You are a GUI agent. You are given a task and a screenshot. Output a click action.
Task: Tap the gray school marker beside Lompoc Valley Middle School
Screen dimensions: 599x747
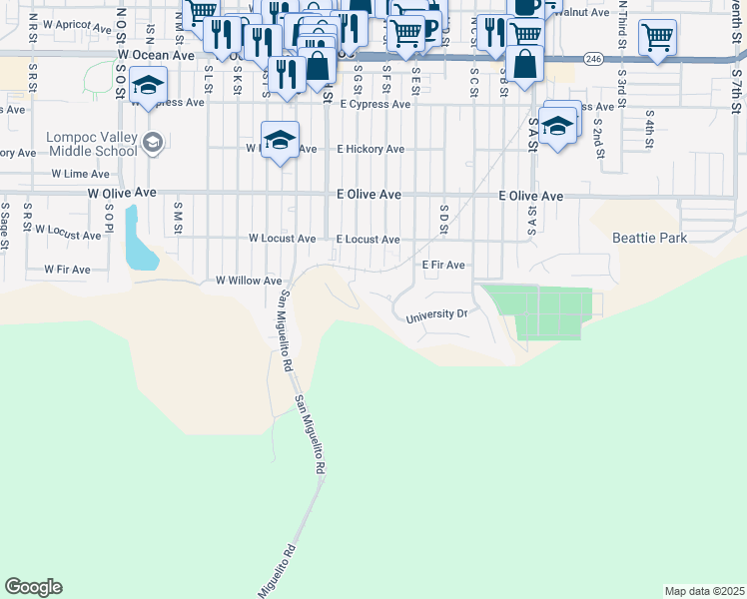point(152,142)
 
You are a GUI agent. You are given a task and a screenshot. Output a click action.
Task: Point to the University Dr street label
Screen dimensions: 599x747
point(436,315)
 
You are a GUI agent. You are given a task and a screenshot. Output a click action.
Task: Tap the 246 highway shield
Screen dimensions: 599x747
point(592,60)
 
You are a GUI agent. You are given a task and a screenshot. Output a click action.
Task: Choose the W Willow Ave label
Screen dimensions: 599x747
point(249,282)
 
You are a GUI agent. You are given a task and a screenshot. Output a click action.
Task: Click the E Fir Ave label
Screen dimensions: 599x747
point(443,266)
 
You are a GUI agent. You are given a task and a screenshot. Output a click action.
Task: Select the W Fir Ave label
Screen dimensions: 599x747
point(67,270)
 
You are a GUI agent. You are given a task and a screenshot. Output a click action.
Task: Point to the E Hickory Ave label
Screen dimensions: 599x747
point(370,149)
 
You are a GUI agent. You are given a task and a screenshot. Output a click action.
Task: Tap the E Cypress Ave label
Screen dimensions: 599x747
point(374,104)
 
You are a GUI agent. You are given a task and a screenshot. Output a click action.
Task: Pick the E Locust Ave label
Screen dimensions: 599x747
point(368,240)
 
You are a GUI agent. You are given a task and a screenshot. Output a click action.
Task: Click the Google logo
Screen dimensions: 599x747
point(33,587)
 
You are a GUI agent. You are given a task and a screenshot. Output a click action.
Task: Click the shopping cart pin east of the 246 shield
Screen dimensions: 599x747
point(657,39)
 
